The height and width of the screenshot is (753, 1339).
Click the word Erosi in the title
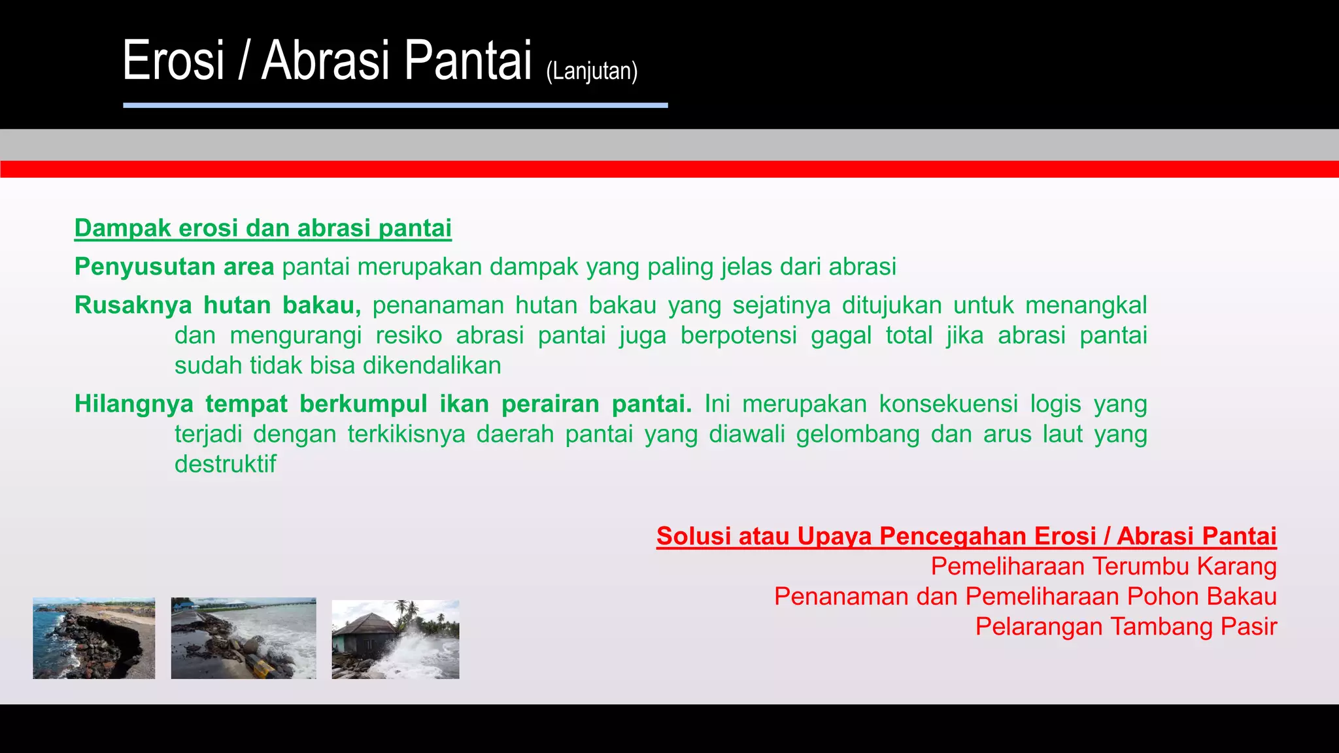pyautogui.click(x=173, y=61)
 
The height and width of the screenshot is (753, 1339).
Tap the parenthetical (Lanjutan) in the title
pyautogui.click(x=591, y=71)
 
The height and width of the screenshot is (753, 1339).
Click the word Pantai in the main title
pyautogui.click(x=467, y=61)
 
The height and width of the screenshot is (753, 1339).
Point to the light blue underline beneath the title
pyautogui.click(x=395, y=105)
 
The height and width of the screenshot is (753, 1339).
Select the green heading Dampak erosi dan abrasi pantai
pyautogui.click(x=263, y=228)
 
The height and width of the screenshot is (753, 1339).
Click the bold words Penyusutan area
pyautogui.click(x=174, y=267)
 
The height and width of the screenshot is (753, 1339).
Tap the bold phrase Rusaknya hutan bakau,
pyautogui.click(x=217, y=305)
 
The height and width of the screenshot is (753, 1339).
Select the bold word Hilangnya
pyautogui.click(x=133, y=404)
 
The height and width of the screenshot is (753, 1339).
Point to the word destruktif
pyautogui.click(x=225, y=464)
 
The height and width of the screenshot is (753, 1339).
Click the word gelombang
pyautogui.click(x=857, y=434)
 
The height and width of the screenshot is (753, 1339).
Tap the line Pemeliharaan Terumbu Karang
pyautogui.click(x=1103, y=566)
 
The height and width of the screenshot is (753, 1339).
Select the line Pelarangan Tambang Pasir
pyautogui.click(x=1125, y=626)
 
